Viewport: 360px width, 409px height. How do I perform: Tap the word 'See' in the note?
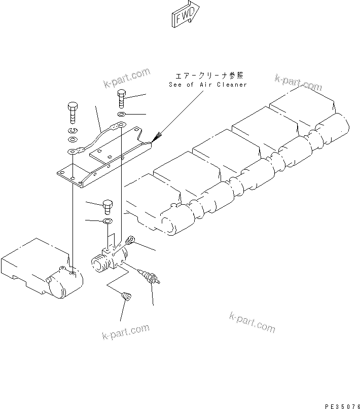[x=175, y=85]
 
